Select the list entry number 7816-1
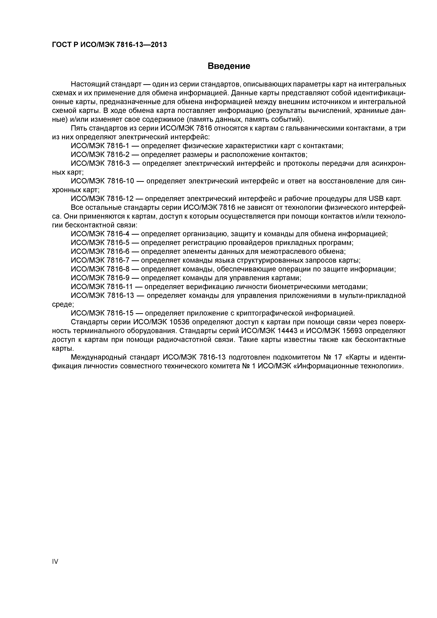tap(118, 146)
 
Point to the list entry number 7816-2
tap(118, 155)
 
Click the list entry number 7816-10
tap(120, 181)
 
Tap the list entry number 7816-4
tap(118, 234)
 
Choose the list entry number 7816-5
tap(118, 243)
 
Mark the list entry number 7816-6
tap(118, 252)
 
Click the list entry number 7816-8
tap(118, 269)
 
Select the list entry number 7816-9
tap(118, 278)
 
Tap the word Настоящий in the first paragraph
tap(90, 84)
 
